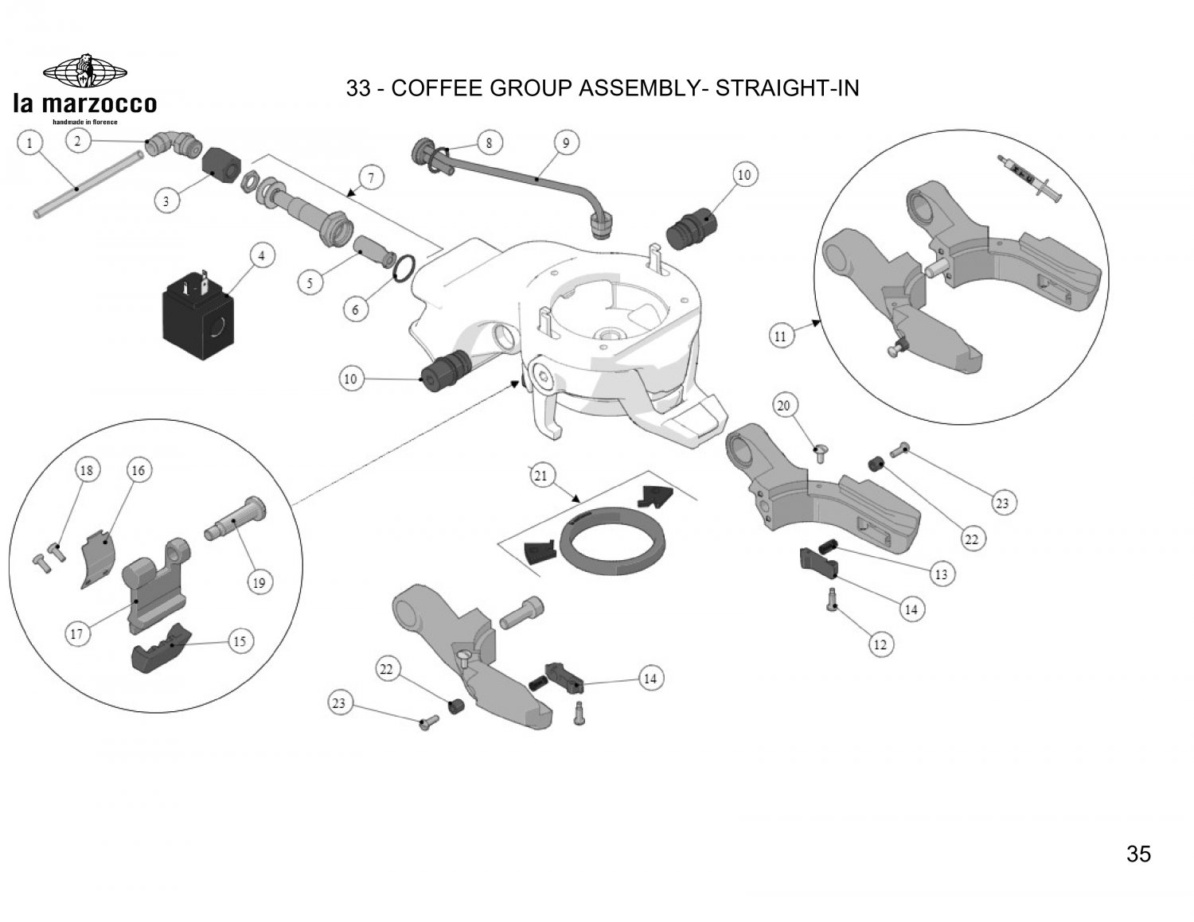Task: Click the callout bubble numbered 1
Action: pyautogui.click(x=30, y=144)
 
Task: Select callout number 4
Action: pyautogui.click(x=261, y=256)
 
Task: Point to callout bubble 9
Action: pyautogui.click(x=566, y=144)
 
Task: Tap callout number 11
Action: pyautogui.click(x=780, y=337)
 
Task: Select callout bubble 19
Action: pyautogui.click(x=259, y=583)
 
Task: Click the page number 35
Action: pyautogui.click(x=1138, y=854)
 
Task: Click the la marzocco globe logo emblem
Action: pyautogui.click(x=84, y=71)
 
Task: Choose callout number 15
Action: pyautogui.click(x=240, y=641)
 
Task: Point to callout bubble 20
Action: pyautogui.click(x=784, y=407)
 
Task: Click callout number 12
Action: pyautogui.click(x=880, y=645)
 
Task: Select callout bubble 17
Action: pyautogui.click(x=77, y=634)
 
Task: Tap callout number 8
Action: pyautogui.click(x=490, y=143)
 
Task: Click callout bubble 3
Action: pyautogui.click(x=166, y=201)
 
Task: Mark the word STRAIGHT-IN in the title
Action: pyautogui.click(x=788, y=88)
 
